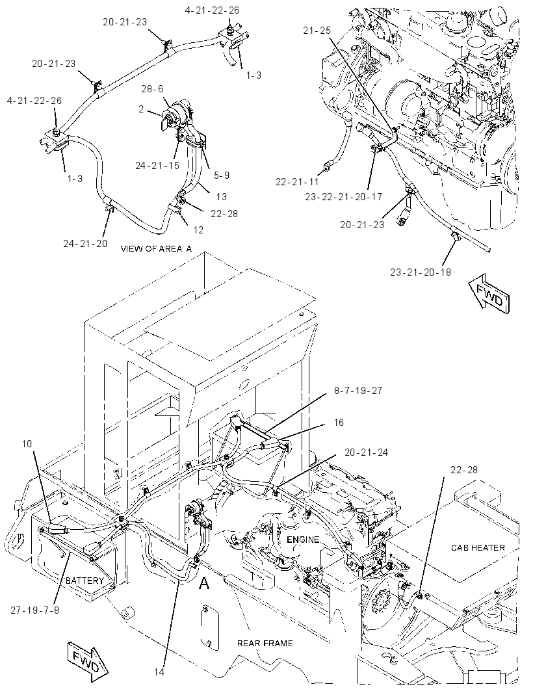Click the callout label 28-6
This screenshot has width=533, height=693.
(152, 89)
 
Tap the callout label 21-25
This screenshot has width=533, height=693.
(317, 31)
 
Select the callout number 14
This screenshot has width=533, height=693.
(159, 672)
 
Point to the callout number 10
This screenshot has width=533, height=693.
(27, 443)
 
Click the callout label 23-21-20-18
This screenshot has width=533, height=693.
(421, 272)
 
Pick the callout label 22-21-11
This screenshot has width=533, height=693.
(297, 181)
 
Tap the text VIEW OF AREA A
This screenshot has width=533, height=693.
(157, 249)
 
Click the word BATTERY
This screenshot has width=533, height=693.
(85, 581)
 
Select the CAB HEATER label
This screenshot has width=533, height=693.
(478, 547)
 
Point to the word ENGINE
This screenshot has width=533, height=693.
(303, 540)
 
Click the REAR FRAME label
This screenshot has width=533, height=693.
(265, 643)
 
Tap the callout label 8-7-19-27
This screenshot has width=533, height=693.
(358, 391)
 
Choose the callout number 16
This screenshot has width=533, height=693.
(339, 423)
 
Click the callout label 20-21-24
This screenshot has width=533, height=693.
(367, 452)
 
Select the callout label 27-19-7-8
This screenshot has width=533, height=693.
(35, 610)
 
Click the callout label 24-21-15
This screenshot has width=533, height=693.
(157, 165)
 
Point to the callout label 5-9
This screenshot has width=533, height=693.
(222, 176)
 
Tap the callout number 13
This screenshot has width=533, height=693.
(222, 197)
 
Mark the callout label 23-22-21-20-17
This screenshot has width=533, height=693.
(343, 197)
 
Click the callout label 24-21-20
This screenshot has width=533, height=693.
(85, 244)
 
